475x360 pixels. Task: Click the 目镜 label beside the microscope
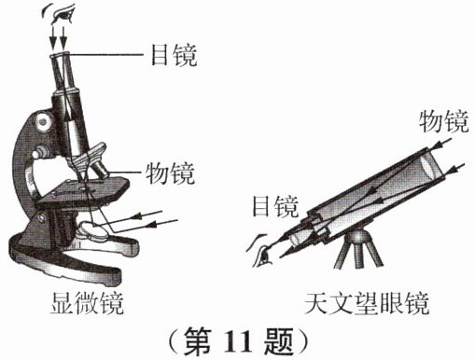(174, 55)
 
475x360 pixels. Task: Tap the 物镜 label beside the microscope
(170, 173)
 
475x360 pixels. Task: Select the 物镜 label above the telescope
(443, 121)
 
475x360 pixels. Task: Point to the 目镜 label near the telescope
(275, 206)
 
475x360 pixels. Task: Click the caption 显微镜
(87, 303)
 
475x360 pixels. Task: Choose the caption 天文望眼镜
(367, 303)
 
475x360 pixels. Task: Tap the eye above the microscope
(60, 14)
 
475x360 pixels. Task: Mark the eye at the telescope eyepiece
(260, 251)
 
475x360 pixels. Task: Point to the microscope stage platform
(83, 190)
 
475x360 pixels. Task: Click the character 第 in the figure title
(198, 341)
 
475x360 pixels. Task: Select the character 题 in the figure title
(278, 341)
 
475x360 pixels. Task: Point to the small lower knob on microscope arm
(40, 153)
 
